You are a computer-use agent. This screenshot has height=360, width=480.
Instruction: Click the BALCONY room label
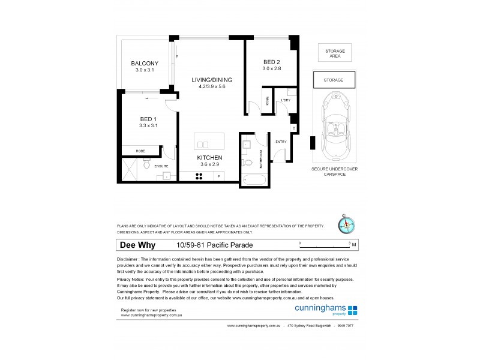click(144, 63)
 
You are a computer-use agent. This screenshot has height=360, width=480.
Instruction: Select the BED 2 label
click(271, 62)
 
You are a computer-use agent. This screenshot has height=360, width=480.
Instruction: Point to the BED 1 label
click(148, 119)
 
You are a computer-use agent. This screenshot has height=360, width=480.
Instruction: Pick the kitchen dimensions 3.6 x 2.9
click(211, 166)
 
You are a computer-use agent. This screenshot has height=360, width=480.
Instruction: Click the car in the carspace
click(334, 124)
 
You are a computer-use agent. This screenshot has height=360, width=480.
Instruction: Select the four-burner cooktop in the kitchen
click(200, 176)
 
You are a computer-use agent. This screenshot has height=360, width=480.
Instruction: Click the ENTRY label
click(280, 142)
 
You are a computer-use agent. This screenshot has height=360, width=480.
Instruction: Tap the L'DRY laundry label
click(286, 100)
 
